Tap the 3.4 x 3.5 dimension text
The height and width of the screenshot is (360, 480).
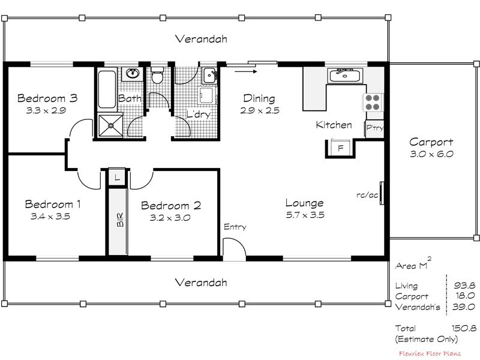[x=50, y=217]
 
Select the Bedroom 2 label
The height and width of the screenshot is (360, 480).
[x=171, y=206]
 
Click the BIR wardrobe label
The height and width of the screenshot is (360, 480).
[x=119, y=220]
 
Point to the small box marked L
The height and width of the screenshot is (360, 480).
[x=117, y=177]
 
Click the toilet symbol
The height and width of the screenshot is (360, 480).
[x=158, y=76]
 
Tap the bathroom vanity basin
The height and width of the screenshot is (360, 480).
[x=132, y=74]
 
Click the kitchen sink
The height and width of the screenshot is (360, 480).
[x=344, y=76]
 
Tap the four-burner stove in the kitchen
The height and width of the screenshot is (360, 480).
[x=373, y=102]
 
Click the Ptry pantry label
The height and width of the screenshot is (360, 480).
[x=375, y=128]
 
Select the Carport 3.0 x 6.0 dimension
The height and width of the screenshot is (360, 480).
[x=431, y=154]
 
